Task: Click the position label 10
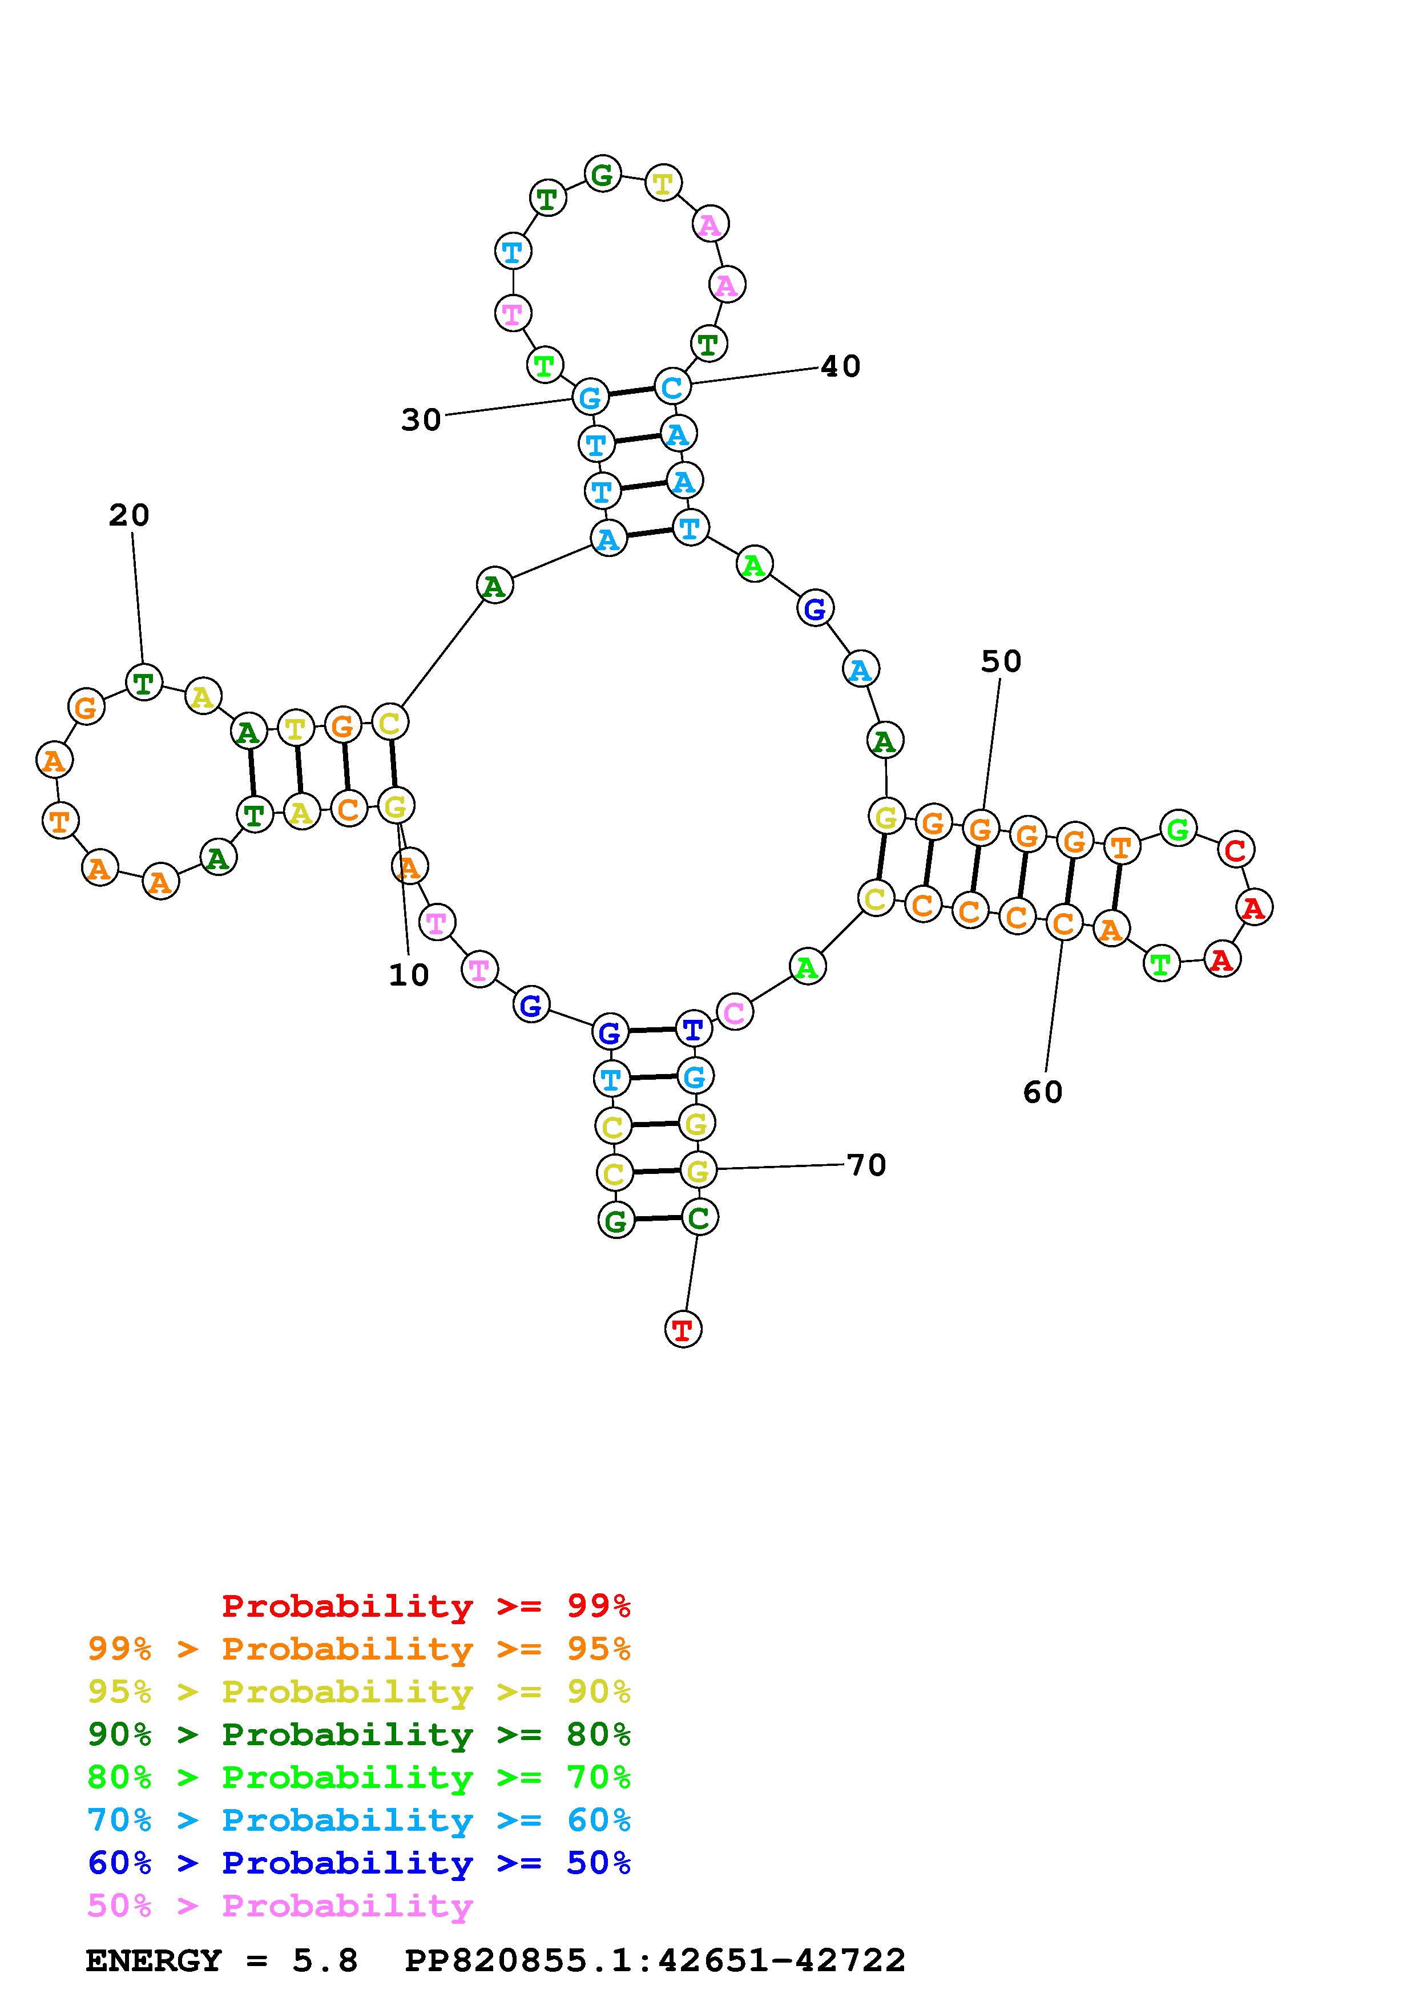tap(408, 975)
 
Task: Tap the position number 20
tap(129, 515)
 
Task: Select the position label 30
tap(421, 420)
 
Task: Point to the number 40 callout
tap(840, 366)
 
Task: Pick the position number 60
tap(1043, 1092)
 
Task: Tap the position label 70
tap(866, 1165)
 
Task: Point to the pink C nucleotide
tap(735, 1012)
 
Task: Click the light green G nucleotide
tap(1178, 828)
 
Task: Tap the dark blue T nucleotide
tap(693, 1029)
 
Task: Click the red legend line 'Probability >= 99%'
tap(426, 1605)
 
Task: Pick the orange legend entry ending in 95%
tap(358, 1649)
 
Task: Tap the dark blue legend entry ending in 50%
tap(358, 1863)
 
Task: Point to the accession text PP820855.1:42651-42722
tap(655, 1960)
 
